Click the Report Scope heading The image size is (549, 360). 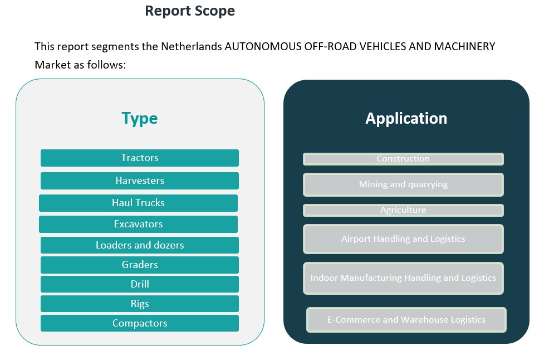click(x=190, y=11)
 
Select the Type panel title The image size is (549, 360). click(x=140, y=118)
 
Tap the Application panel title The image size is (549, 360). click(x=406, y=118)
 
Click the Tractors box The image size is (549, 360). click(x=140, y=158)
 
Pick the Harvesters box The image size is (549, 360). click(x=140, y=181)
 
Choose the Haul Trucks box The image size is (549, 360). click(x=138, y=203)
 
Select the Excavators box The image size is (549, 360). click(x=138, y=224)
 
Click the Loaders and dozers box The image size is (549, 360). click(x=140, y=245)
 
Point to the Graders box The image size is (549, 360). click(x=140, y=265)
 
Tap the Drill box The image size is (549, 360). click(x=140, y=284)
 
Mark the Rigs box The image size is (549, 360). click(x=140, y=304)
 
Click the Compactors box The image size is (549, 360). click(x=140, y=323)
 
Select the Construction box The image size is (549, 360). click(x=403, y=159)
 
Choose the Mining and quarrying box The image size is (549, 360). click(x=403, y=184)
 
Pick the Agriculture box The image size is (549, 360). click(x=403, y=210)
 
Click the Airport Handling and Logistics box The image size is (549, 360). click(x=403, y=239)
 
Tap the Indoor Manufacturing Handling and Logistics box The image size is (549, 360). click(x=403, y=278)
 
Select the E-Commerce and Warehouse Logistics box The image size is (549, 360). click(x=406, y=320)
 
